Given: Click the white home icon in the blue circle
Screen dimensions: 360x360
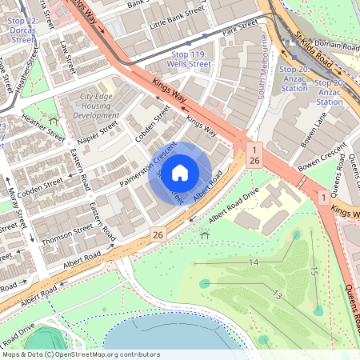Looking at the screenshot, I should (x=180, y=172).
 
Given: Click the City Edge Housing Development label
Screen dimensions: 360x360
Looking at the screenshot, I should (x=96, y=106).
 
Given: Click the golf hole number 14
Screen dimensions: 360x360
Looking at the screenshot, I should (x=254, y=262).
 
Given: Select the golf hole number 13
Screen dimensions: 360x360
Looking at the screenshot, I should (x=276, y=295).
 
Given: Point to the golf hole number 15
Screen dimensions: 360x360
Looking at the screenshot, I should (x=313, y=272).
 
